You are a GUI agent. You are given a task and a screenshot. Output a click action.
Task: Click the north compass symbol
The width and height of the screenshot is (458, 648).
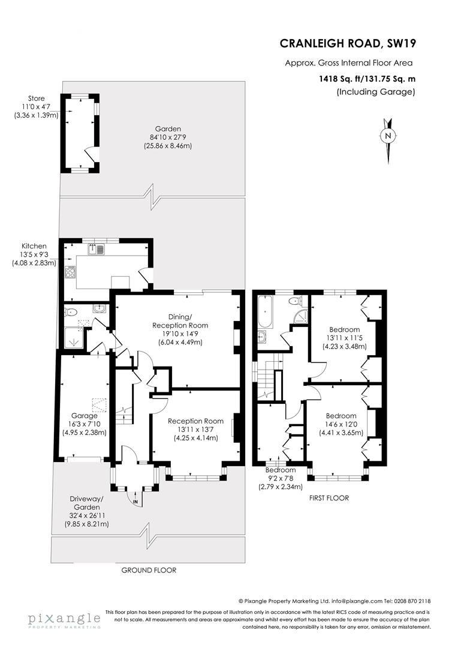[x=388, y=136]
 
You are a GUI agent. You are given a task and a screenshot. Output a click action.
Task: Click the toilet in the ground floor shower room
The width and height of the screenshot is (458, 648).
[x=71, y=311]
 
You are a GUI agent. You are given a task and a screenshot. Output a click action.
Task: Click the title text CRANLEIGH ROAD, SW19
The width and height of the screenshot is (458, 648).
[x=348, y=43]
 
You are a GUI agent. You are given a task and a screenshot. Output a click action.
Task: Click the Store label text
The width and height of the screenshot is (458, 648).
[x=36, y=98]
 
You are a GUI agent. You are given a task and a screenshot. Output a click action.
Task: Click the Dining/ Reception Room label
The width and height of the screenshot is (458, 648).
[x=192, y=321]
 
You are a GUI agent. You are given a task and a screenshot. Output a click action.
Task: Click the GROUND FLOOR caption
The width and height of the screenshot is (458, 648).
[x=149, y=570]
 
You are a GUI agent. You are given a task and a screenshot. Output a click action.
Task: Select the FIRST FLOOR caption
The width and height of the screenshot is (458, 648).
[x=329, y=498]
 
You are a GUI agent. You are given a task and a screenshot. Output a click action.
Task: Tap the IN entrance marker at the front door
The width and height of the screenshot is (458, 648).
[x=135, y=501]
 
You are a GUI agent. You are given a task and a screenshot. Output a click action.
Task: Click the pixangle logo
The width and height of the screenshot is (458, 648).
[x=64, y=619]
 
